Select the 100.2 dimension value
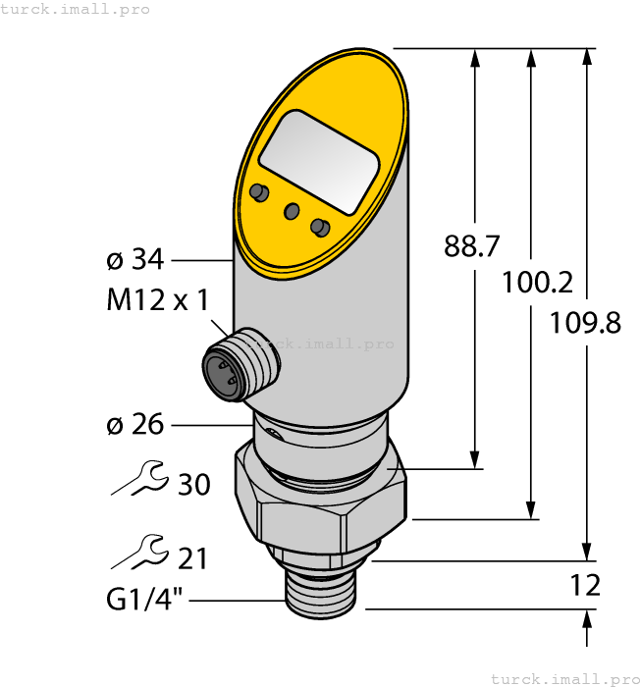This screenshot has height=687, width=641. click(537, 283)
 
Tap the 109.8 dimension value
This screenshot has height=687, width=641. click(586, 321)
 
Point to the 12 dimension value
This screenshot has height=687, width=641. click(585, 586)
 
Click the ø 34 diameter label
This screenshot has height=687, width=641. click(134, 260)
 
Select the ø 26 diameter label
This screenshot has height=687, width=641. click(134, 425)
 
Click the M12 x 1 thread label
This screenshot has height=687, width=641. click(157, 300)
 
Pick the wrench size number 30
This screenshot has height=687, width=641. click(193, 484)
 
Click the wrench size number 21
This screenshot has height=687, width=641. click(192, 558)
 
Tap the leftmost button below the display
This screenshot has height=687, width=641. click(259, 191)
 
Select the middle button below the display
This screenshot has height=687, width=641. click(292, 210)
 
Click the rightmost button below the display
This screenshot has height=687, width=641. click(319, 227)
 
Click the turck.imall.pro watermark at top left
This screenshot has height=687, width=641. click(76, 9)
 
